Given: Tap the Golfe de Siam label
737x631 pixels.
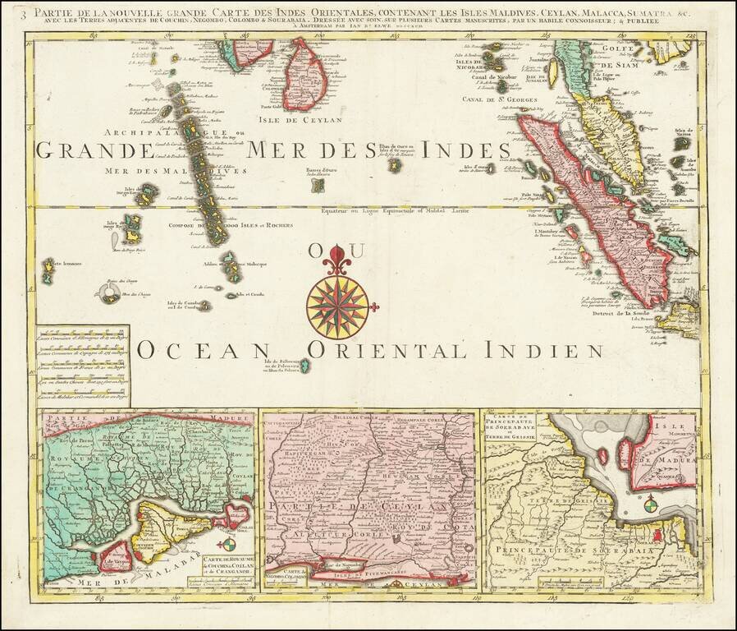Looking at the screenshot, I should click(x=625, y=58).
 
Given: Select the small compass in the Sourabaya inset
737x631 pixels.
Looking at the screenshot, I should click(x=650, y=503).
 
